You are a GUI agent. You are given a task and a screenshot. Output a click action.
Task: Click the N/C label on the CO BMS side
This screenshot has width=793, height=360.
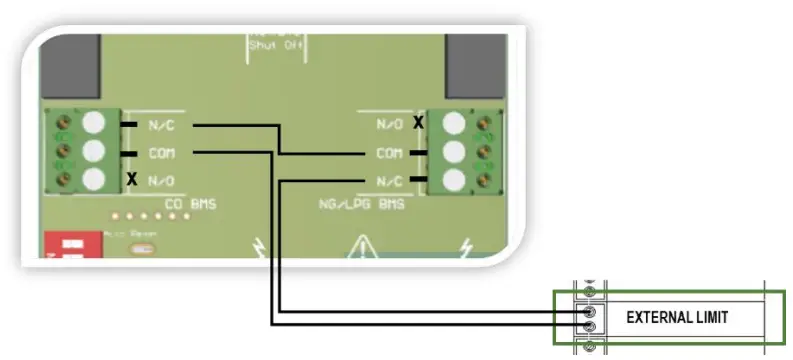pyautogui.click(x=160, y=125)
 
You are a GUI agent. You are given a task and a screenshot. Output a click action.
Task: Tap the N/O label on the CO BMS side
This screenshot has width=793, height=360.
pyautogui.click(x=160, y=181)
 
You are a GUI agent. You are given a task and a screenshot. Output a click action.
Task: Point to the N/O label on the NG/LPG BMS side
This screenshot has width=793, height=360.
pyautogui.click(x=390, y=125)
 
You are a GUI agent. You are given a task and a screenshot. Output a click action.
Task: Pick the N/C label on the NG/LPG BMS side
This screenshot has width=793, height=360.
pyautogui.click(x=390, y=182)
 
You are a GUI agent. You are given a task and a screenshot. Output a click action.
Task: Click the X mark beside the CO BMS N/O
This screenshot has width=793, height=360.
pyautogui.click(x=131, y=180)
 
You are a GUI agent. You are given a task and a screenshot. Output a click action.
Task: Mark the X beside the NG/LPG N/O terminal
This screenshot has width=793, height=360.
pyautogui.click(x=419, y=122)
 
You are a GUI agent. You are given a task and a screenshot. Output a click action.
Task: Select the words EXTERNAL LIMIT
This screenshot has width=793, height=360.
pyautogui.click(x=677, y=317)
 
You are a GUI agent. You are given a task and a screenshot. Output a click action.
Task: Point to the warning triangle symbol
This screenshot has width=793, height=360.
pyautogui.click(x=363, y=246)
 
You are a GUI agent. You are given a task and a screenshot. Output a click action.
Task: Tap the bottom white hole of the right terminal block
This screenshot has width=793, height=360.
pyautogui.click(x=454, y=181)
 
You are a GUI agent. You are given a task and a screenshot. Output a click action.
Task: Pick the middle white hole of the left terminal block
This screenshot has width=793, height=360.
pyautogui.click(x=95, y=152)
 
